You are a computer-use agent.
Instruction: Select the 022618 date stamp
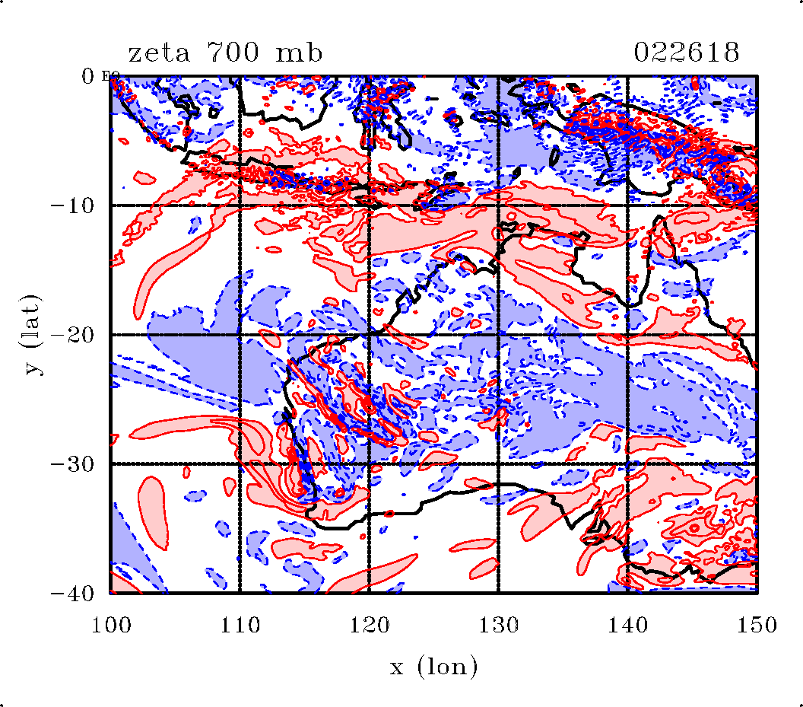tap(687, 53)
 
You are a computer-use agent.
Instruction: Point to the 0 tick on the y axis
tap(89, 76)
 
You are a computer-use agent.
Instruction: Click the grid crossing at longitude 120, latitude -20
tap(369, 335)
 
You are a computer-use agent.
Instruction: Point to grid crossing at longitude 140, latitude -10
tap(627, 205)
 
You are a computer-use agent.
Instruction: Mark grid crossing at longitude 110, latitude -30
tap(240, 463)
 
